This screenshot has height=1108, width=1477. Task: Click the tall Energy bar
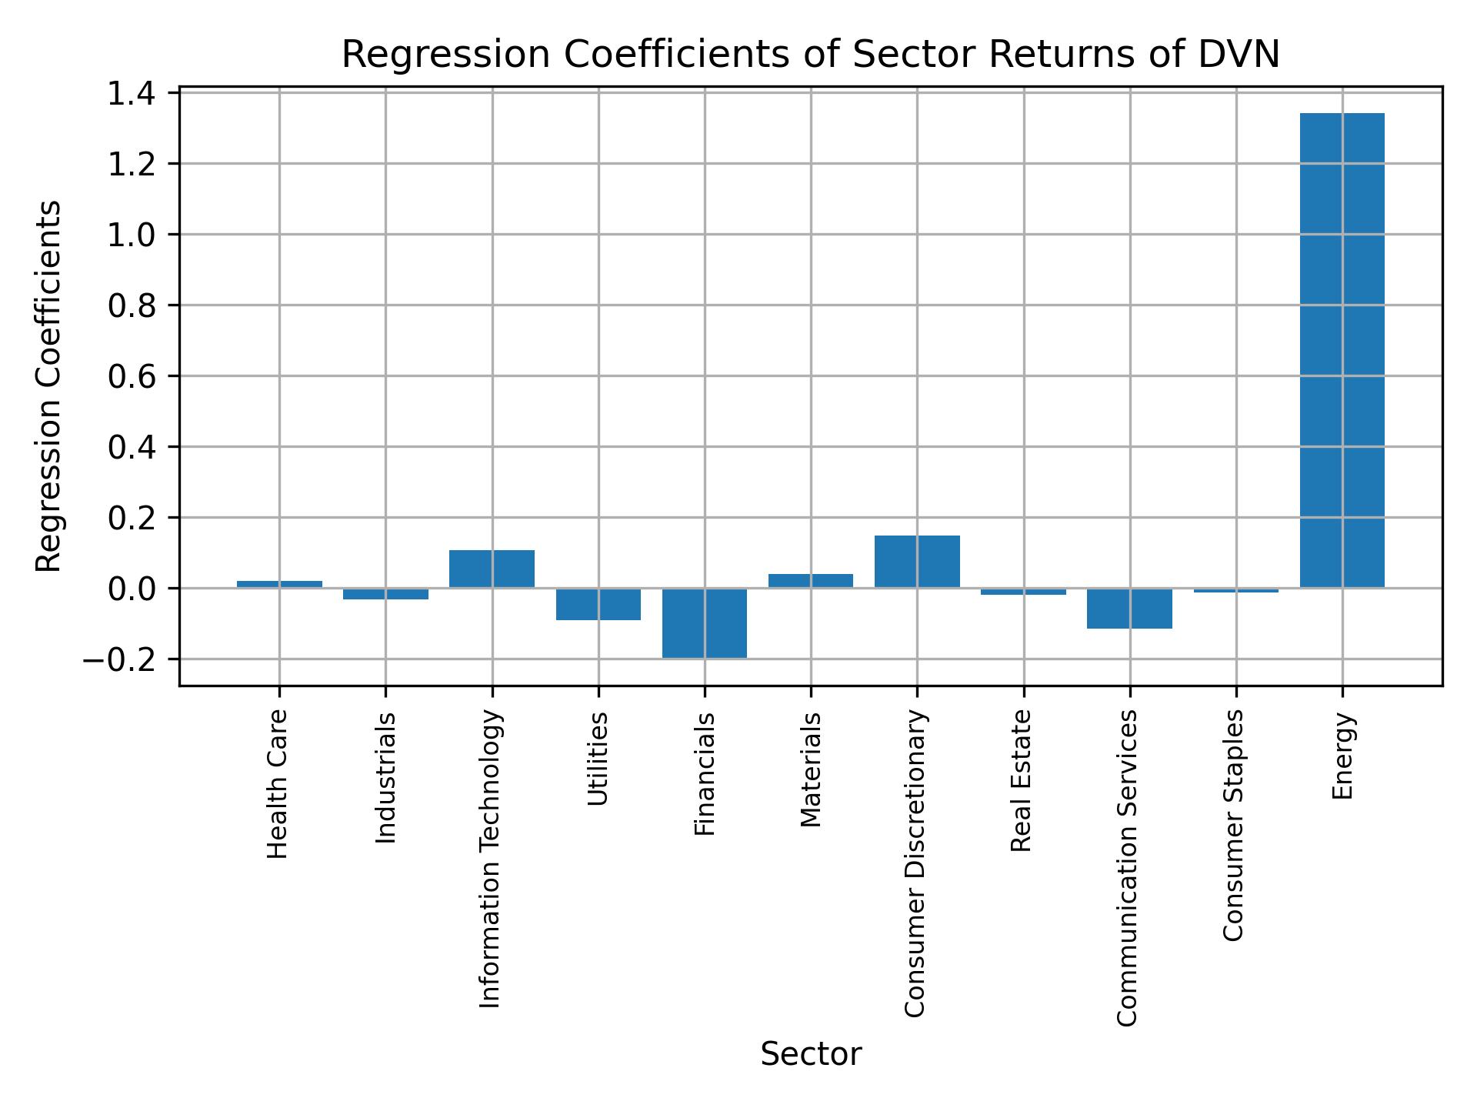[x=1342, y=350]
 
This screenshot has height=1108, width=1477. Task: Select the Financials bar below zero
[x=705, y=623]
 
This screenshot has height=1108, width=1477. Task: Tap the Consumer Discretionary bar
[x=917, y=562]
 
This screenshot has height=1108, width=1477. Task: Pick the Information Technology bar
[x=492, y=569]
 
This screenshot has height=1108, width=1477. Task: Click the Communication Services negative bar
[x=1129, y=609]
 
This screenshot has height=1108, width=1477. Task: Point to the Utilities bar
[x=598, y=604]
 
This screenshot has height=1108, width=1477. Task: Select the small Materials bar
[x=811, y=581]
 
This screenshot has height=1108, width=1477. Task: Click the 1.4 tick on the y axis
[x=131, y=94]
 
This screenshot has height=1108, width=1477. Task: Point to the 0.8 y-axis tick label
[x=131, y=306]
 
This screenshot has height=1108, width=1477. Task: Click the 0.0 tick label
[x=131, y=589]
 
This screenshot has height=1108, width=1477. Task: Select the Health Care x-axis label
[x=278, y=783]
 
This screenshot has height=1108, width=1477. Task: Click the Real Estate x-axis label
[x=1022, y=780]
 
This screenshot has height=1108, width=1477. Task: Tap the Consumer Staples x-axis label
[x=1234, y=824]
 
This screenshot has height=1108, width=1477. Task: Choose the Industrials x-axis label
[x=385, y=777]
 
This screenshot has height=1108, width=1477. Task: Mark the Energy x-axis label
[x=1342, y=756]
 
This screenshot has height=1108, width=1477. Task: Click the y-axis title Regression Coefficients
[x=49, y=386]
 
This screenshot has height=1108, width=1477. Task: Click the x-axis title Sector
[x=811, y=1055]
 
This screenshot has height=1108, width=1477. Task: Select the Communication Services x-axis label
[x=1127, y=867]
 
